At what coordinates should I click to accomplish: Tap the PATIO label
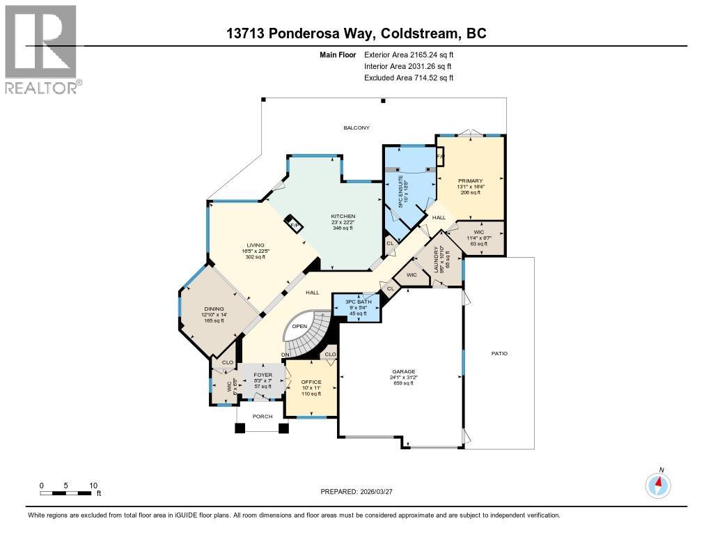[499, 353]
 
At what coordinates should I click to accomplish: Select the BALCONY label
[356, 127]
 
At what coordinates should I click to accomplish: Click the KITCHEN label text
[343, 217]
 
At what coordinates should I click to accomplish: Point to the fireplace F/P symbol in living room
[294, 226]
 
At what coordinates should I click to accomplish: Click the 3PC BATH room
[359, 306]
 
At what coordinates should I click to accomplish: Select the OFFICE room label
[311, 382]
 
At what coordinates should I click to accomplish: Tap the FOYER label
[263, 375]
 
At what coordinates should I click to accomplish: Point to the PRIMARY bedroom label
[470, 181]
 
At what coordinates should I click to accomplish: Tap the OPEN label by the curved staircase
[299, 326]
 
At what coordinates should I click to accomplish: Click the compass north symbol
[658, 484]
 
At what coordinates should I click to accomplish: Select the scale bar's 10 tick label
[93, 485]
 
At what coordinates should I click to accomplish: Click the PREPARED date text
[356, 491]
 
